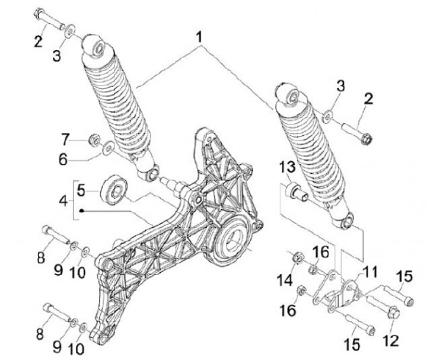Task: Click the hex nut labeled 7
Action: coord(94,141)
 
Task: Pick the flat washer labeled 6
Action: coord(109,148)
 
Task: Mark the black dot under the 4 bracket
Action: coord(82,211)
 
